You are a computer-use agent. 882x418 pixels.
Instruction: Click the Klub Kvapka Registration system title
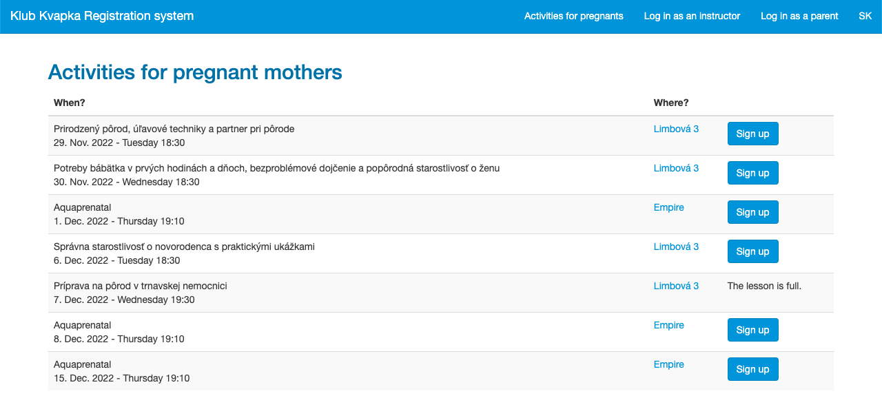[x=102, y=16]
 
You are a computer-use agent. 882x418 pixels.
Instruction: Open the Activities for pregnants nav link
[x=574, y=16]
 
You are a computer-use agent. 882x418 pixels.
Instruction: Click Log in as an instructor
[x=692, y=16]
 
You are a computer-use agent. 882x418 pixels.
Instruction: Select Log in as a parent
[x=799, y=16]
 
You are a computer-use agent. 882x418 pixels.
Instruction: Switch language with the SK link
[x=865, y=16]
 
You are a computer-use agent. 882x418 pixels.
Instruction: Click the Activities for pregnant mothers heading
[x=195, y=72]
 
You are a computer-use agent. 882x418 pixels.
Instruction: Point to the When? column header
[x=70, y=103]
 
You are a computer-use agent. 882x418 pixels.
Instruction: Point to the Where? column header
[x=671, y=103]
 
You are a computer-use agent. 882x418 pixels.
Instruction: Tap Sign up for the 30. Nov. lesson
[x=753, y=173]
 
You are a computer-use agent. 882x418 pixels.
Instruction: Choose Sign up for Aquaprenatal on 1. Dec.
[x=753, y=212]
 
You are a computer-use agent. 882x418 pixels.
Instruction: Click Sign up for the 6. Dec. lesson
[x=753, y=251]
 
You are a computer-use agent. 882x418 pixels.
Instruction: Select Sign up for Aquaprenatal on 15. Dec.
[x=753, y=369]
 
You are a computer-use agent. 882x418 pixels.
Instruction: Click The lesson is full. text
[x=764, y=286]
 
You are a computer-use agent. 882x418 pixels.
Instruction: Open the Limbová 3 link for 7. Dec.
[x=676, y=286]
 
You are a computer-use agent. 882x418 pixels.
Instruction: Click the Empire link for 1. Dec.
[x=668, y=207]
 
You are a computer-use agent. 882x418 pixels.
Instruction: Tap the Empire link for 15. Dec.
[x=668, y=364]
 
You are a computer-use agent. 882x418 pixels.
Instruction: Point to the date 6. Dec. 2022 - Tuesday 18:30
[x=116, y=260]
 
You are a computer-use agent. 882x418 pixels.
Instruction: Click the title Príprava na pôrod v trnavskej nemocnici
[x=140, y=286]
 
